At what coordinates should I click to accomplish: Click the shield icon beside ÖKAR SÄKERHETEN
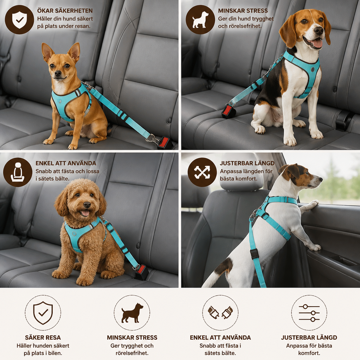click(x=20, y=20)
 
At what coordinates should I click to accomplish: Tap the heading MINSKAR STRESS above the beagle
click(x=243, y=11)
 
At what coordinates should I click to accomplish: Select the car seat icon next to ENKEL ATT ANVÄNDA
click(x=18, y=172)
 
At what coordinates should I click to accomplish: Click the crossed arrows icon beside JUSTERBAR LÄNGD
click(x=202, y=172)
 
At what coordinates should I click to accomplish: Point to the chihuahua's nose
click(x=58, y=73)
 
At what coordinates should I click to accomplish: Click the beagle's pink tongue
click(x=317, y=44)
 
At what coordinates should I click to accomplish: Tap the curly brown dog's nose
click(x=87, y=205)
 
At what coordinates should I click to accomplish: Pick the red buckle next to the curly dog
click(x=141, y=271)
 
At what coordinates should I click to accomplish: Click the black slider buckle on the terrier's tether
click(x=255, y=254)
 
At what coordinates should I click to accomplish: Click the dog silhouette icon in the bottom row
click(x=132, y=313)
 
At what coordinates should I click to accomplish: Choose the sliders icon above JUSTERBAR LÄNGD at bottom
click(x=309, y=313)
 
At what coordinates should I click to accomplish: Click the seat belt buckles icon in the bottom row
click(x=220, y=313)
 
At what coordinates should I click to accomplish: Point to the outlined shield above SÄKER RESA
click(x=43, y=313)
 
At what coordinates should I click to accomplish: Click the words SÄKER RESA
click(x=43, y=337)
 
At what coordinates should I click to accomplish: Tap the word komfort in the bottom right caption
click(x=309, y=353)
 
